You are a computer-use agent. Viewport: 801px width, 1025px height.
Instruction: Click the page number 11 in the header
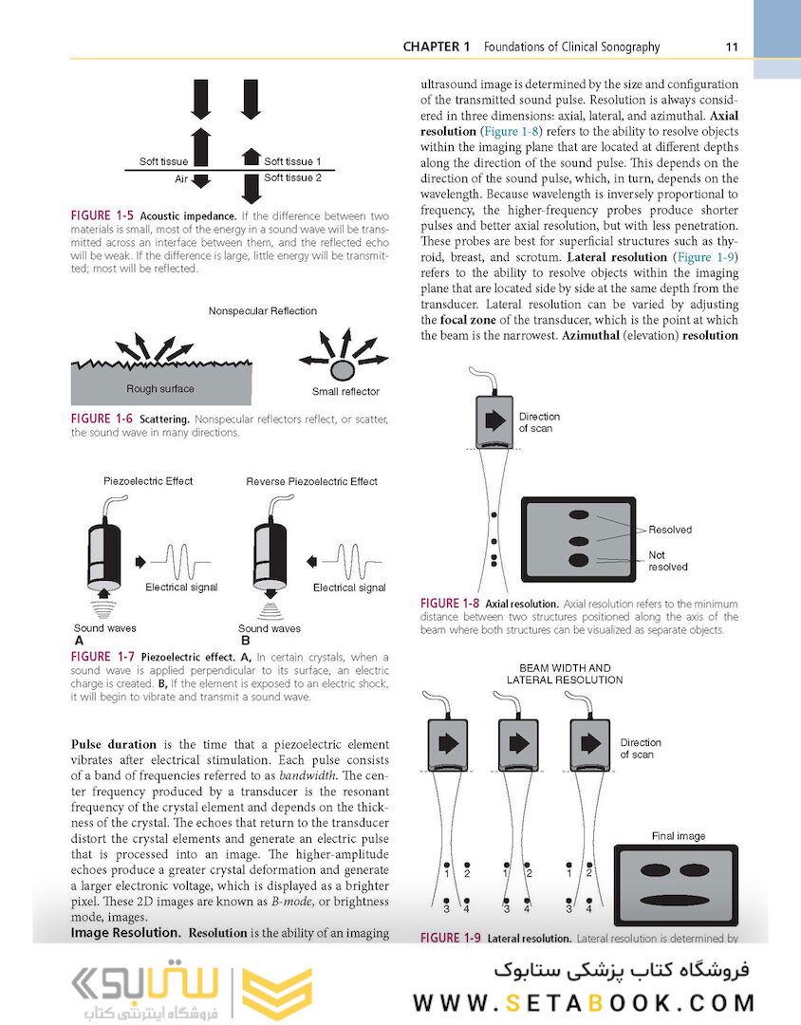pyautogui.click(x=732, y=47)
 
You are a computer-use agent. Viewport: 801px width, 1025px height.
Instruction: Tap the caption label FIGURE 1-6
pyautogui.click(x=102, y=419)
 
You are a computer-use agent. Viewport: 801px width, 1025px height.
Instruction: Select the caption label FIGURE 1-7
pyautogui.click(x=102, y=657)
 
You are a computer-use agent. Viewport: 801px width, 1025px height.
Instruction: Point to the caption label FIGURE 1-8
pyautogui.click(x=450, y=604)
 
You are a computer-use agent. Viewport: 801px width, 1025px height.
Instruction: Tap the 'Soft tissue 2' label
pyautogui.click(x=292, y=177)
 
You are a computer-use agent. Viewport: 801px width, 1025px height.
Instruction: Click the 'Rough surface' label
pyautogui.click(x=160, y=388)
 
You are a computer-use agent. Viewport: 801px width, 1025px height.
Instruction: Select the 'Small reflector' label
pyautogui.click(x=345, y=391)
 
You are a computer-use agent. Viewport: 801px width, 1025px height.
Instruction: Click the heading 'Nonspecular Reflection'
pyautogui.click(x=263, y=310)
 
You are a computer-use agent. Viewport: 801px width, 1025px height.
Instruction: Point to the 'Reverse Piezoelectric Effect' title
pyautogui.click(x=311, y=481)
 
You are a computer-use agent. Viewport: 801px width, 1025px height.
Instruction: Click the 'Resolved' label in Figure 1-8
pyautogui.click(x=670, y=530)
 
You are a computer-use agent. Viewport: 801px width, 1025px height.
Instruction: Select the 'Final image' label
pyautogui.click(x=678, y=836)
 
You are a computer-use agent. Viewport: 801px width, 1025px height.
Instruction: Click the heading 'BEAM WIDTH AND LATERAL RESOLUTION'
pyautogui.click(x=565, y=674)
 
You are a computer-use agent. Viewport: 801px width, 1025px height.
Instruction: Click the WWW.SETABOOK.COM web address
pyautogui.click(x=584, y=1002)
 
